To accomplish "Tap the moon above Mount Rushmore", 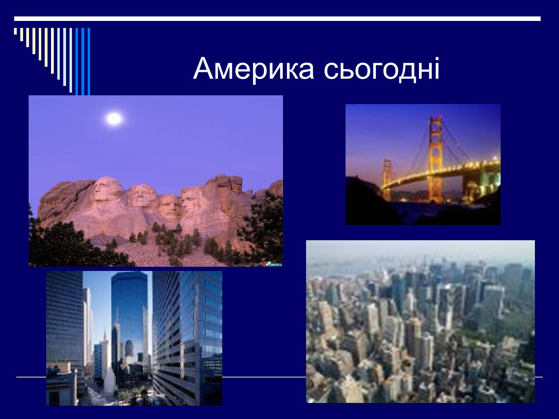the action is [114, 119].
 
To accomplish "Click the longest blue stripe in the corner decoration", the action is [89, 61].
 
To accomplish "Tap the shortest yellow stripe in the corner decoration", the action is [15, 31].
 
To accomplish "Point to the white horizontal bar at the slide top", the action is [277, 19].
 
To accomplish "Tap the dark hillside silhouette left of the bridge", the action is [367, 201].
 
